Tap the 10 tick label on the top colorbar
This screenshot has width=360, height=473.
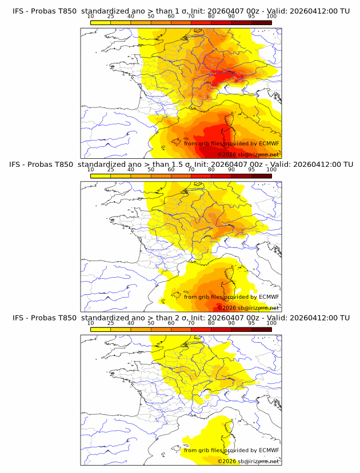pyautogui.click(x=90, y=17)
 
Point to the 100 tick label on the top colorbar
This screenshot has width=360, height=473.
pyautogui.click(x=271, y=17)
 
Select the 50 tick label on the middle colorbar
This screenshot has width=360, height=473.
pyautogui.click(x=151, y=170)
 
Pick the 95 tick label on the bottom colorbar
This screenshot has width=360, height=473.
pyautogui.click(x=251, y=323)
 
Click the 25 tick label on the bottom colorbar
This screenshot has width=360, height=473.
pyautogui.click(x=110, y=323)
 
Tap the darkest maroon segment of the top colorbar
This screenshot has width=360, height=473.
pyautogui.click(x=261, y=22)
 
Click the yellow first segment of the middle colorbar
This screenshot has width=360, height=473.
pyautogui.click(x=101, y=175)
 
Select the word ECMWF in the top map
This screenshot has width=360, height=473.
pyautogui.click(x=269, y=144)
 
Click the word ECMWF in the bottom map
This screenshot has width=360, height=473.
pyautogui.click(x=269, y=450)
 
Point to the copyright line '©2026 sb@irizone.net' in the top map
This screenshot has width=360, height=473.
pyautogui.click(x=248, y=155)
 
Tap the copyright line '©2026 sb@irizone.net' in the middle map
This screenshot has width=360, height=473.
pyautogui.click(x=248, y=308)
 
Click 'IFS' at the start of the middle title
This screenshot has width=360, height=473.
pyautogui.click(x=18, y=165)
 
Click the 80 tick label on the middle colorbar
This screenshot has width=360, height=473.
pyautogui.click(x=211, y=170)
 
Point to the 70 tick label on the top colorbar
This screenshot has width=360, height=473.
pyautogui.click(x=191, y=17)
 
